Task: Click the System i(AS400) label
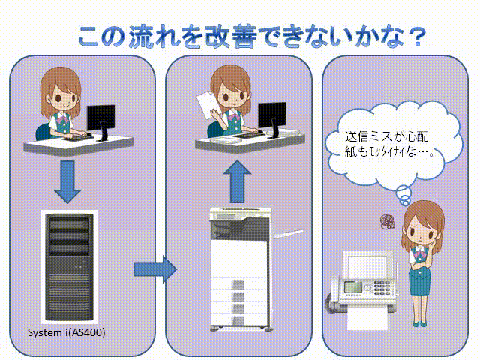[x=67, y=332]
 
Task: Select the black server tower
[x=69, y=267]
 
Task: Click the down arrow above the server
[x=67, y=181]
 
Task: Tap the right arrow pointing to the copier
[x=155, y=269]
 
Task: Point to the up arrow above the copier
[x=237, y=181]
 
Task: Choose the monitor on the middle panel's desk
[x=272, y=118]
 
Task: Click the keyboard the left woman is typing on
[x=78, y=137]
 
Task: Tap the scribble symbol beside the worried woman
[x=387, y=221]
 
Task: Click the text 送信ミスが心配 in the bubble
[x=387, y=136]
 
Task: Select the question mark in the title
[x=417, y=37]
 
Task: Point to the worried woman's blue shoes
[x=420, y=323]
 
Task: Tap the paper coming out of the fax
[x=367, y=318]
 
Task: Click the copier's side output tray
[x=288, y=234]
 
